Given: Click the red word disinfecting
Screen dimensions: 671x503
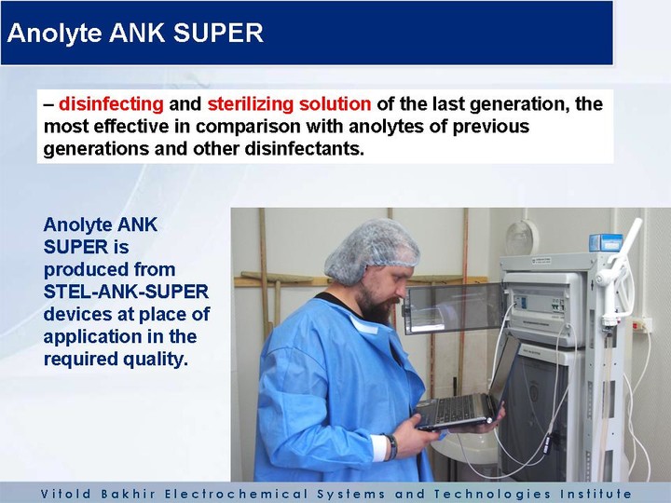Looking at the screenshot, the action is point(111,104).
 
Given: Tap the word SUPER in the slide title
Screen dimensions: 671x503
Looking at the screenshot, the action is point(218,33).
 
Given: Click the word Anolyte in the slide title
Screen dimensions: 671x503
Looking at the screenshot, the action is point(55,34).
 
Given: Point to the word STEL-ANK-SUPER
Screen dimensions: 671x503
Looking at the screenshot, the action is point(126,292).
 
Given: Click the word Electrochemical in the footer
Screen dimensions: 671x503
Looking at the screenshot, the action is point(236,494).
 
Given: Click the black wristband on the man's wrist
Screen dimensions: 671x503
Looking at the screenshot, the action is point(391,447).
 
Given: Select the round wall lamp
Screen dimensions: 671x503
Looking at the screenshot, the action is point(522,238).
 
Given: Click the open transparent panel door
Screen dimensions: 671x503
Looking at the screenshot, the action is point(454,308).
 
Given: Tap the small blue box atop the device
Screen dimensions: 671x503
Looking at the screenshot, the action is point(605,242).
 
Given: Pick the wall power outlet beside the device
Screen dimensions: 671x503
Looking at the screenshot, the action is point(642,325).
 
